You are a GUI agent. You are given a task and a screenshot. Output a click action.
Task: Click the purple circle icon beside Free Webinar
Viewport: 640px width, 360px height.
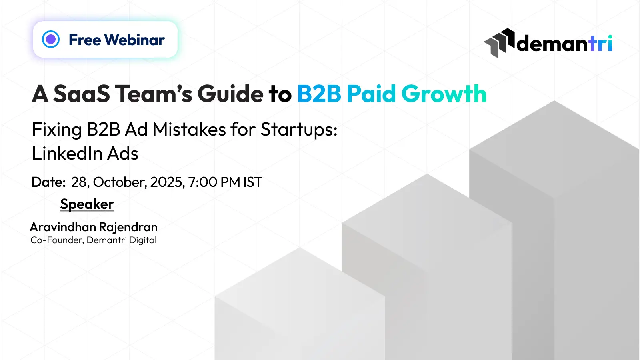point(50,39)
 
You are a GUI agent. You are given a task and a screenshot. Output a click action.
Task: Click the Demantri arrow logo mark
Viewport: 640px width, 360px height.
point(499,43)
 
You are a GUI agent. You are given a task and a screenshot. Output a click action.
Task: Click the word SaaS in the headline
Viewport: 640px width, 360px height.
point(82,94)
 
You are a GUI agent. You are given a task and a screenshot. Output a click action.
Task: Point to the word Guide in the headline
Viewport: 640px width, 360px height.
point(230,94)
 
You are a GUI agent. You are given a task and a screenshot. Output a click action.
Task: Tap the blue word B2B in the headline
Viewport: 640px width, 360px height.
point(319,94)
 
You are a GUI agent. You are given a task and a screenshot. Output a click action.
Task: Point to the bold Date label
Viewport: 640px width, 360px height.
point(48,182)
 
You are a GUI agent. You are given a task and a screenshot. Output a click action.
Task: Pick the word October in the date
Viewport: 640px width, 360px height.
point(120,182)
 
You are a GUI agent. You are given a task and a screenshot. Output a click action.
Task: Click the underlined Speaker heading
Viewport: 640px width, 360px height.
point(87,204)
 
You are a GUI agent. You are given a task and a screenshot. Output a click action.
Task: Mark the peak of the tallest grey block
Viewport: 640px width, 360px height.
point(554,100)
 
